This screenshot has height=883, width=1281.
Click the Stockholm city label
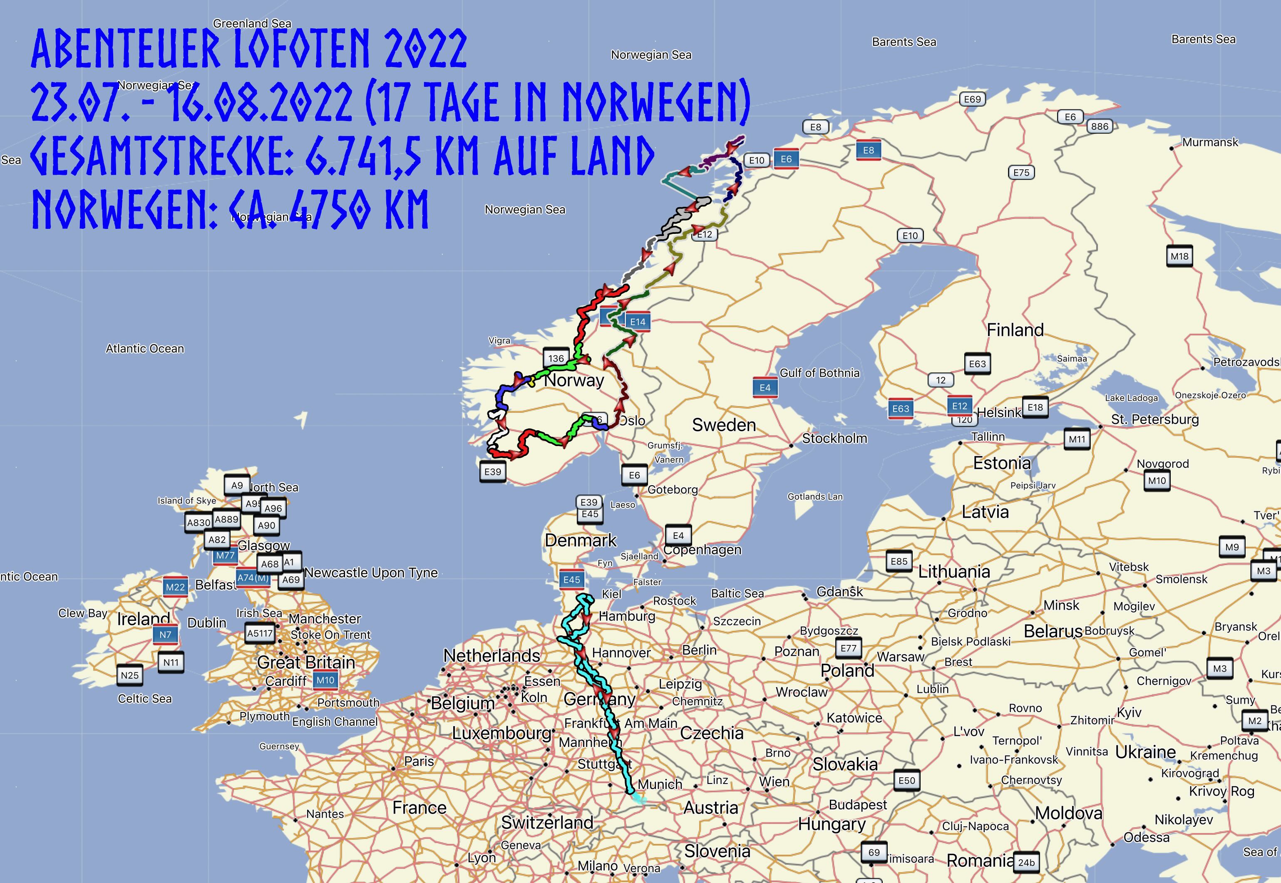834,439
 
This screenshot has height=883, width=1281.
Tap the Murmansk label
1210,142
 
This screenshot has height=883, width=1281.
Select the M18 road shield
1179,257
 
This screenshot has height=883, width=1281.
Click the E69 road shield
972,99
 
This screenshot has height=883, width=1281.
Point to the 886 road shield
1100,126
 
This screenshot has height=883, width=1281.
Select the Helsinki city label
999,413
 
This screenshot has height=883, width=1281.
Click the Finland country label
1015,330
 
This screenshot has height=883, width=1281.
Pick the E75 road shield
1021,173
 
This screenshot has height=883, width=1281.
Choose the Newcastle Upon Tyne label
371,573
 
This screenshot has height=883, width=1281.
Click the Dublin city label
206,623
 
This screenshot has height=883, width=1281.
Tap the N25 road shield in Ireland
130,675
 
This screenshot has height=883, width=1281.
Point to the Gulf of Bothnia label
819,373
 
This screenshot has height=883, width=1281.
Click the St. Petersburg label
1155,419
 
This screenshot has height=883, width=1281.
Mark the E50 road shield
906,781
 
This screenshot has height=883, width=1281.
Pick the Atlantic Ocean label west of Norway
145,349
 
